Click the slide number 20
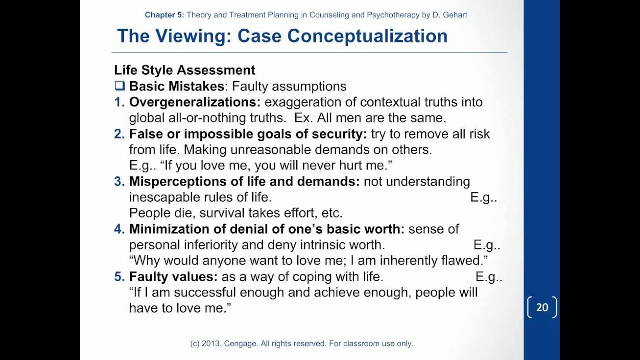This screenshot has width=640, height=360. pos(542,308)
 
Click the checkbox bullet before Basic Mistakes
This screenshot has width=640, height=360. pos(120,86)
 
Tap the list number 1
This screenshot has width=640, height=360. pos(119,102)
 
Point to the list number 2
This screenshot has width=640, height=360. pos(119,134)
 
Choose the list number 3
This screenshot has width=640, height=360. pos(119,181)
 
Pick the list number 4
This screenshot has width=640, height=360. pos(119,229)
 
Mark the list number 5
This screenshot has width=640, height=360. pos(119,276)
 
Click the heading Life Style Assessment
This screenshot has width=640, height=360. pos(185,70)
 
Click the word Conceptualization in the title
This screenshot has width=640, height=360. pos(367,36)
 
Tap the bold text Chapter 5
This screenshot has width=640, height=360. pos(164,15)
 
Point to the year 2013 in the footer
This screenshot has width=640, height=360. pos(212,343)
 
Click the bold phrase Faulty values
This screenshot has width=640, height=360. pos(173,276)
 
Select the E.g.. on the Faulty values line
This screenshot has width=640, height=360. pos(489,277)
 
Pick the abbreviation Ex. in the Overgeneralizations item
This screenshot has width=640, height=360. pos(303,118)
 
